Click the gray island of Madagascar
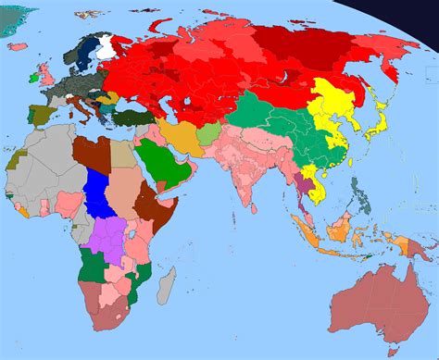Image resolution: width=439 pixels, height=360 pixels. (x=166, y=284)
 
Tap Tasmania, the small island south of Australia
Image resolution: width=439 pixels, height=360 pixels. (x=390, y=350)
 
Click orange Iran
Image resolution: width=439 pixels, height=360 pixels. (x=182, y=136)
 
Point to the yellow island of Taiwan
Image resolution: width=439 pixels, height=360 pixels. (x=351, y=156)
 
